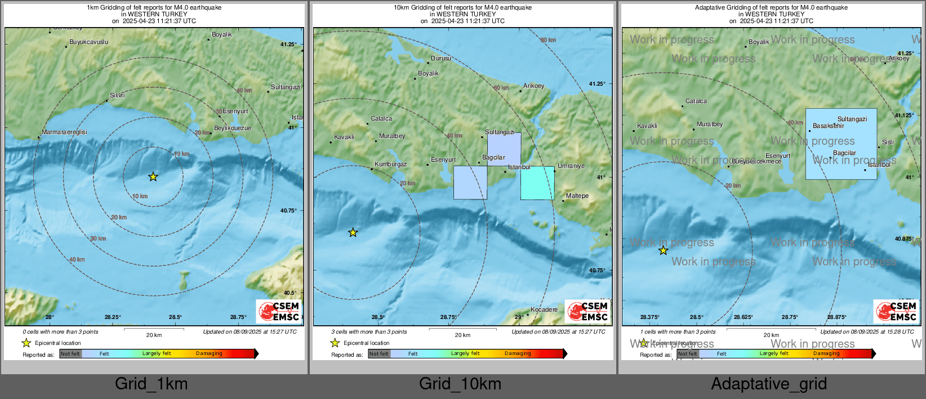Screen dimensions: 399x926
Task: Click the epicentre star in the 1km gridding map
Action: coord(153,177)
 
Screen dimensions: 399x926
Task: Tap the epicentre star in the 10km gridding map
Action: coord(353,232)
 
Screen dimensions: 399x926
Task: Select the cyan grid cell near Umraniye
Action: coord(537,183)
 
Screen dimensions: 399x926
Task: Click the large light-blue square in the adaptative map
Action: coord(841,144)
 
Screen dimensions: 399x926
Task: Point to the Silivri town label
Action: coord(117,95)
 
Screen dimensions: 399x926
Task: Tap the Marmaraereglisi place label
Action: coord(65,132)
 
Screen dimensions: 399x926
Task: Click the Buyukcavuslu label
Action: coord(88,42)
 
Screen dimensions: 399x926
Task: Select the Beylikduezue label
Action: coord(233,128)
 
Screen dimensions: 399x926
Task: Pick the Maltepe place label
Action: coord(577,196)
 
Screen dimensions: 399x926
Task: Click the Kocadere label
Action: coord(544,309)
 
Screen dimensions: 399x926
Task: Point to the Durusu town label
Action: coord(441,58)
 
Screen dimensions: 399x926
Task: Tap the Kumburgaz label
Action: coord(390,164)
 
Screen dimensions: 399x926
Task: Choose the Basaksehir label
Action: coord(828,126)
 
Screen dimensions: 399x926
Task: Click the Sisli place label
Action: coord(888,142)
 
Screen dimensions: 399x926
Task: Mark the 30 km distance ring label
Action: coord(98,238)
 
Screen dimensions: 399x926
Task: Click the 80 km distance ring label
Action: coord(548,40)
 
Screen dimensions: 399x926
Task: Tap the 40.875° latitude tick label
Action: coord(904,239)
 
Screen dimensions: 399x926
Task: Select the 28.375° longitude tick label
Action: coord(649,317)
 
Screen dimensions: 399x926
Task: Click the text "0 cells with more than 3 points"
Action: coord(60,332)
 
